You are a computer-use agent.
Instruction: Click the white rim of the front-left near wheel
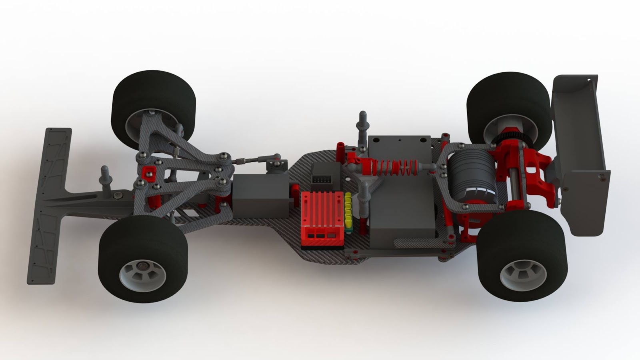(138, 272)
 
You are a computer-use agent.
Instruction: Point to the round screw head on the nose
(118, 196)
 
